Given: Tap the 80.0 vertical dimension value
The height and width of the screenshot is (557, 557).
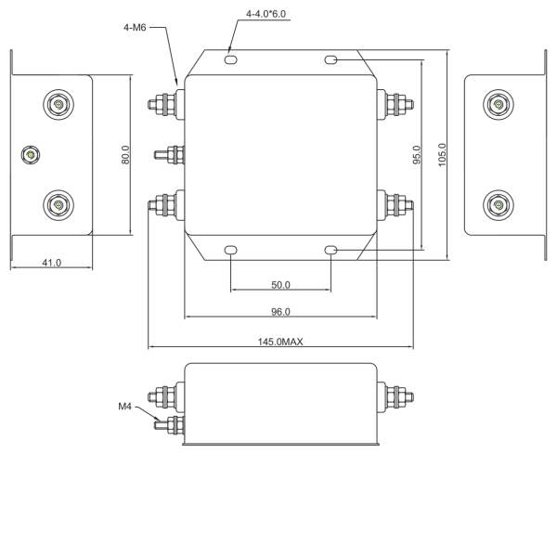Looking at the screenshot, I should [125, 154].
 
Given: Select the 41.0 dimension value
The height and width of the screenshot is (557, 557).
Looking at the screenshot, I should [51, 263].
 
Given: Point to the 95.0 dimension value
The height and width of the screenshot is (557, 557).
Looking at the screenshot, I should [418, 155].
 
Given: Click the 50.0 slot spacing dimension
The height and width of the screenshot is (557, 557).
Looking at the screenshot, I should [280, 284].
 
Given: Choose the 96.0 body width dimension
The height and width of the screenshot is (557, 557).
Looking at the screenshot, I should [280, 312].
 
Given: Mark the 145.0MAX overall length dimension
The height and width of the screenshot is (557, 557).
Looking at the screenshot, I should [280, 342].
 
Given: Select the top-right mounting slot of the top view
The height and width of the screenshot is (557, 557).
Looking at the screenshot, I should [331, 60].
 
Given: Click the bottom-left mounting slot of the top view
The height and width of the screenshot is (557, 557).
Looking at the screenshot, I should [230, 250].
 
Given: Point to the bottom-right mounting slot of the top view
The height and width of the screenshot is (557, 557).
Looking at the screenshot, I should [331, 250].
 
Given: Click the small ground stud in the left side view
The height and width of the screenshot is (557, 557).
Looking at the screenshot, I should [32, 154].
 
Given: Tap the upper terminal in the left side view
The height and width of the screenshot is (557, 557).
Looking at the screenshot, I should [58, 104].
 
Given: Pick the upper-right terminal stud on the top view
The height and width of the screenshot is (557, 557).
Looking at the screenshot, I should [396, 103].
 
